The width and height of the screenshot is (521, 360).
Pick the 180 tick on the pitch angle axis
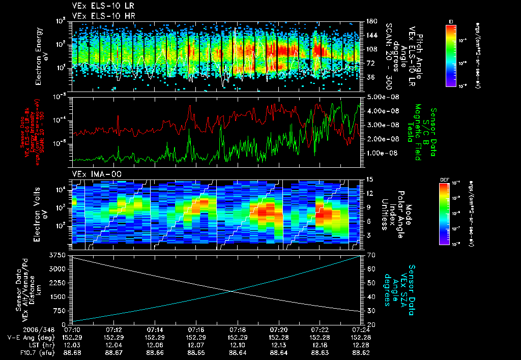click(x=370, y=21)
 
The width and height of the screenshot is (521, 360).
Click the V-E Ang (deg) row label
click(x=27, y=337)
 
